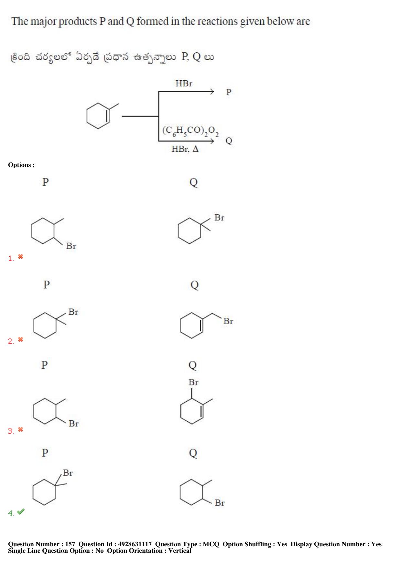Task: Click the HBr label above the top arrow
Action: [184, 84]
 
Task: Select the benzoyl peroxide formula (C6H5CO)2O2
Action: [190, 131]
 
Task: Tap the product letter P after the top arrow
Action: [229, 92]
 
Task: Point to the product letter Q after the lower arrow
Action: [229, 141]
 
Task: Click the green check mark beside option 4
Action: [21, 511]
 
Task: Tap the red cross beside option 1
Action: [20, 257]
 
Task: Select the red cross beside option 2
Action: [20, 340]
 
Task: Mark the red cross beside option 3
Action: [20, 429]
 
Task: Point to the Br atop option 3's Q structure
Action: [193, 382]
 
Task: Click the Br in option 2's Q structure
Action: [228, 321]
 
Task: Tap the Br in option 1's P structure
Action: [71, 246]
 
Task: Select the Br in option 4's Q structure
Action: [220, 503]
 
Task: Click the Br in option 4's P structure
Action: [68, 473]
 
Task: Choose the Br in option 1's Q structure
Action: [219, 217]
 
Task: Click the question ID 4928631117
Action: [135, 544]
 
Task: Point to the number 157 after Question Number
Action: [70, 544]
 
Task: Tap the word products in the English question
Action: [78, 22]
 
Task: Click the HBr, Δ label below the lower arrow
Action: [185, 149]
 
